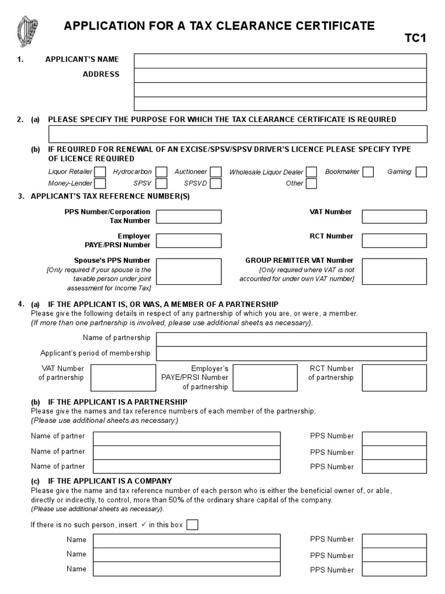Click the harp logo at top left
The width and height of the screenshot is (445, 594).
pos(27,32)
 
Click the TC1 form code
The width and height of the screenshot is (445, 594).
pos(415,39)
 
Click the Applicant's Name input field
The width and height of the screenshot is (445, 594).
pos(280,61)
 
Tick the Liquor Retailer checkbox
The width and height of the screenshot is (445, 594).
pos(100,172)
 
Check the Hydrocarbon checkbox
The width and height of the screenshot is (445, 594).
pos(162,172)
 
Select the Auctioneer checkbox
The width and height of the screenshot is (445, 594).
pos(216,172)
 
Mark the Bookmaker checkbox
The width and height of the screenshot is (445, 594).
pos(368,172)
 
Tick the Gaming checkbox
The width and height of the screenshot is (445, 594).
pos(421,172)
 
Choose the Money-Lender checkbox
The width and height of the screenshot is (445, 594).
pos(100,184)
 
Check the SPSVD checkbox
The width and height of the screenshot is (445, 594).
pos(216,184)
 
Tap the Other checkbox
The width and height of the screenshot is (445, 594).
pos(312,184)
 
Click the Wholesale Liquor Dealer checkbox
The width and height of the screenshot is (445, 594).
pos(312,172)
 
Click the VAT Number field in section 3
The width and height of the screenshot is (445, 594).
pos(394,216)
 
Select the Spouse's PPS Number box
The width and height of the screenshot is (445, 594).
pos(189,271)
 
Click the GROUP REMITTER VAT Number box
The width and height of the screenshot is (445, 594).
pos(394,271)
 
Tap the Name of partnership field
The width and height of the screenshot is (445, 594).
pos(291,339)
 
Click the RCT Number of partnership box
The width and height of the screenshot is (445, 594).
pos(394,378)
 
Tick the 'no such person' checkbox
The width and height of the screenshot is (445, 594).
pos(192,525)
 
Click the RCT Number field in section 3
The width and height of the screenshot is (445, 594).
pos(394,241)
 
